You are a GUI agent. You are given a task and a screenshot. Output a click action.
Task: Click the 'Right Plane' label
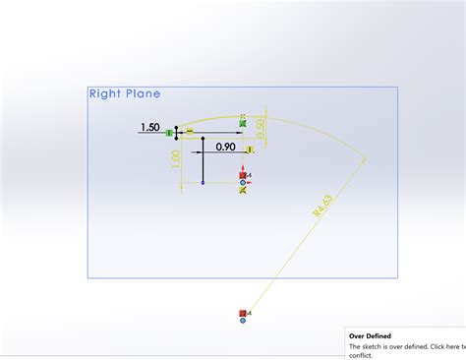pos(124,94)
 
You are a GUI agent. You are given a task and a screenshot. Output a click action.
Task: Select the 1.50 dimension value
pos(150,128)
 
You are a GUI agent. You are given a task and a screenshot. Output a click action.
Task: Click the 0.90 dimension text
pos(225,148)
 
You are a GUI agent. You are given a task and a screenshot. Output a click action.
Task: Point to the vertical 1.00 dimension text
pos(176,160)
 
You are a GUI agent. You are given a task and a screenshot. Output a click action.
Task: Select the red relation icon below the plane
pos(243,313)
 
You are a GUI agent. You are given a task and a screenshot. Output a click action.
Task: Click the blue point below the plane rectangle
pos(243,321)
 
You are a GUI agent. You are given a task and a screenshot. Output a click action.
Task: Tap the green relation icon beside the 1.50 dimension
pos(169,132)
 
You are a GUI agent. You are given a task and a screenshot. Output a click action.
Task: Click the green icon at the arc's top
pos(243,122)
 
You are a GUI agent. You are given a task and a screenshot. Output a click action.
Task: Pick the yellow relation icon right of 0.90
pos(251,150)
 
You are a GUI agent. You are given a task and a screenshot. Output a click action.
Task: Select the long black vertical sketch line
pos(202,162)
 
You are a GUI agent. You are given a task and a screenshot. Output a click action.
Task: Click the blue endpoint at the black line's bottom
pos(202,183)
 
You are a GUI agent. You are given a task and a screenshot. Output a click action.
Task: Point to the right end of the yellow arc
pos(367,156)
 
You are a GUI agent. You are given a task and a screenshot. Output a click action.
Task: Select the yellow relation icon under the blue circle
pos(243,190)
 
